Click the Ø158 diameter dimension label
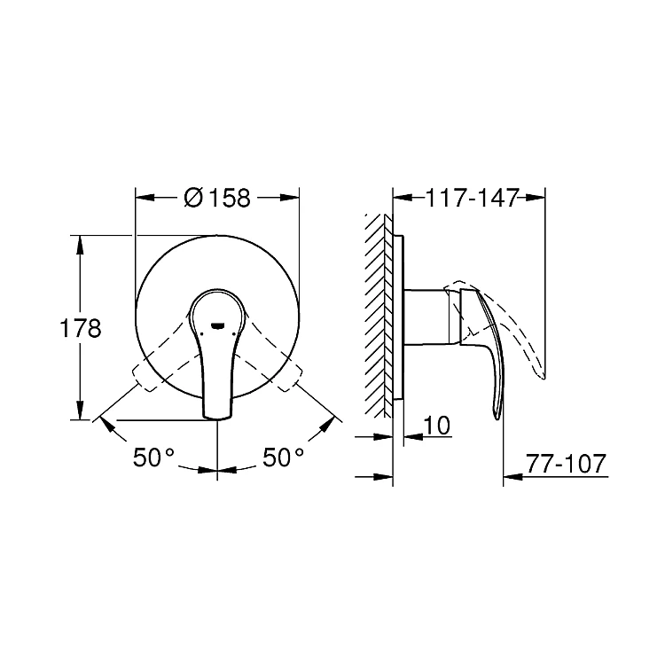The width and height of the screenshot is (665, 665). click(x=217, y=198)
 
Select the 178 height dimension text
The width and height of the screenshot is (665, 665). click(x=80, y=328)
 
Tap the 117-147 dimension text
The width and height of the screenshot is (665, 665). click(x=472, y=198)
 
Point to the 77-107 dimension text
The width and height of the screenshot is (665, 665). click(x=567, y=464)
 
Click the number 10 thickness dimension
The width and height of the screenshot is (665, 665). click(x=437, y=426)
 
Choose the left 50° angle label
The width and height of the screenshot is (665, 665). click(x=153, y=458)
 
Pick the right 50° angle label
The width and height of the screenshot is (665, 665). click(x=284, y=458)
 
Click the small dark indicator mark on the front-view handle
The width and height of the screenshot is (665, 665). click(x=217, y=325)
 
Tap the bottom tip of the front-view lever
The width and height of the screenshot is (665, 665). click(x=217, y=419)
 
